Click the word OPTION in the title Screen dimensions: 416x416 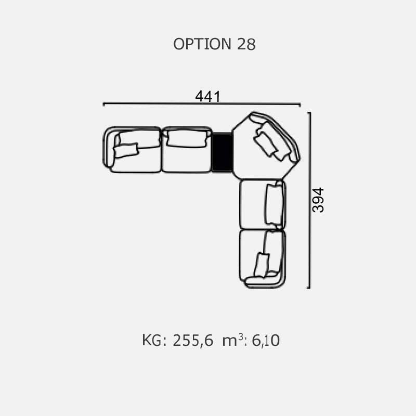pyautogui.click(x=202, y=44)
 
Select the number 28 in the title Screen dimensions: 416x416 pyautogui.click(x=246, y=44)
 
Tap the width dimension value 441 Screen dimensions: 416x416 pyautogui.click(x=207, y=96)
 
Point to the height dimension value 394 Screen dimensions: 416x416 pyautogui.click(x=318, y=200)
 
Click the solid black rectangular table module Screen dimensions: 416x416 pyautogui.click(x=222, y=152)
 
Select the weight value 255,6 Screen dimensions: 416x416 pyautogui.click(x=193, y=340)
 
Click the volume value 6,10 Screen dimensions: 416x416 pyautogui.click(x=266, y=340)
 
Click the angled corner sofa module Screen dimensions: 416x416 pyautogui.click(x=265, y=146)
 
